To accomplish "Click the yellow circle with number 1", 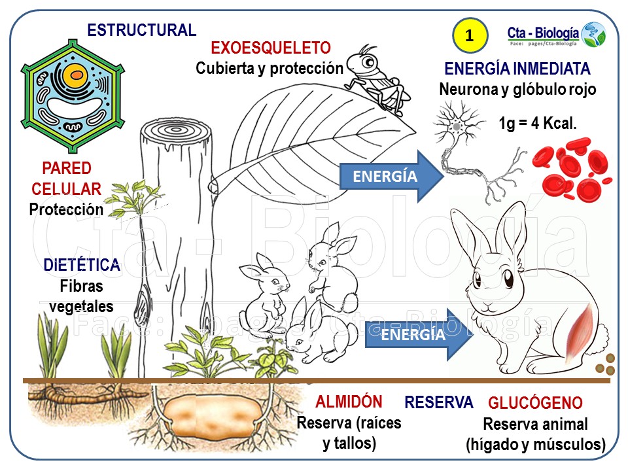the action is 470,36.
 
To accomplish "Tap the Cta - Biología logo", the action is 556,34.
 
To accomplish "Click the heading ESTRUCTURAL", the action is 141,30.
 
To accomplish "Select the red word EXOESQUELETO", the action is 270,48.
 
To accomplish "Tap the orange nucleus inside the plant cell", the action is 77,75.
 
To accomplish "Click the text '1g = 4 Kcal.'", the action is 538,123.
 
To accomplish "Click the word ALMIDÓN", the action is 349,402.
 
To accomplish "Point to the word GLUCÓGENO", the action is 535,403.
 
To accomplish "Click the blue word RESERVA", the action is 438,402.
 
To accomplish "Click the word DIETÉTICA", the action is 82,266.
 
